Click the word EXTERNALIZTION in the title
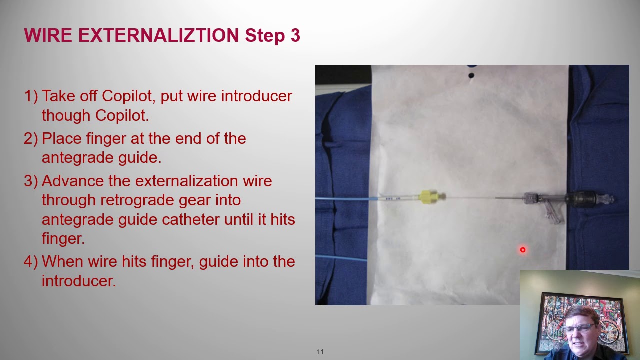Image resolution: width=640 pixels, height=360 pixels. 158,36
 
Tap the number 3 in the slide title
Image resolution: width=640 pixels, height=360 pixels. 294,36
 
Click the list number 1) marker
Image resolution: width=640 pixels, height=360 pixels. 31,96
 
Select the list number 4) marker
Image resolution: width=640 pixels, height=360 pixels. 31,261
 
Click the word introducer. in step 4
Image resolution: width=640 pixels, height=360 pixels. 79,281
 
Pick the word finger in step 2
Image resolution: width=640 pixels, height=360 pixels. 106,138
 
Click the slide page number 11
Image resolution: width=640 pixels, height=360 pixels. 320,352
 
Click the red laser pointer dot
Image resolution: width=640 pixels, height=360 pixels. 522,250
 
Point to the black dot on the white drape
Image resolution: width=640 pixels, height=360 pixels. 471,76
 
